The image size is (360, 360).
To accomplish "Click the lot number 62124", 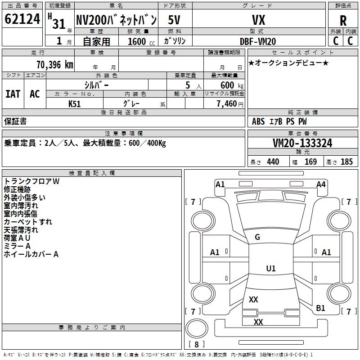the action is coord(22,19).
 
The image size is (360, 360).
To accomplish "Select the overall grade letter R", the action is coord(343,21).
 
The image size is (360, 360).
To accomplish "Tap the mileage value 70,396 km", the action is coord(55,65).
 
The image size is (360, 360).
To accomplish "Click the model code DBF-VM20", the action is coord(258,41).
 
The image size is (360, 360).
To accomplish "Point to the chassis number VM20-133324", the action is coord(302,143).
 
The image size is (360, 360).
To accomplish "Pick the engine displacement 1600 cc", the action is coord(141,42).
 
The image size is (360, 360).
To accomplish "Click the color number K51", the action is coord(74,104).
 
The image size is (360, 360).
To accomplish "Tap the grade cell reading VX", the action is coord(258,20).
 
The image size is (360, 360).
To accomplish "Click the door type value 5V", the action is coord(174,20).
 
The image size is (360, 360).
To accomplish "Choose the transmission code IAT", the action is coord(13,94).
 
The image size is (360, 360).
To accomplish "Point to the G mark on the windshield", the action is coord(257,237).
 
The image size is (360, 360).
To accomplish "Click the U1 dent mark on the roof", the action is coord(271,268).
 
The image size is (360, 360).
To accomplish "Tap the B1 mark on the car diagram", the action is coord(320,308).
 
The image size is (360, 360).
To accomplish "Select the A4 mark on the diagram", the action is coord(321,184).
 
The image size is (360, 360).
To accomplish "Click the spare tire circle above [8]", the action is coord(197,328).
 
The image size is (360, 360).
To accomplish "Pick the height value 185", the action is coord(346,162).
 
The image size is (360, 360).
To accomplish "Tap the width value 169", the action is coord(310,162).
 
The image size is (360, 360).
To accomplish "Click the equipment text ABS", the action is coord(258,121).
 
